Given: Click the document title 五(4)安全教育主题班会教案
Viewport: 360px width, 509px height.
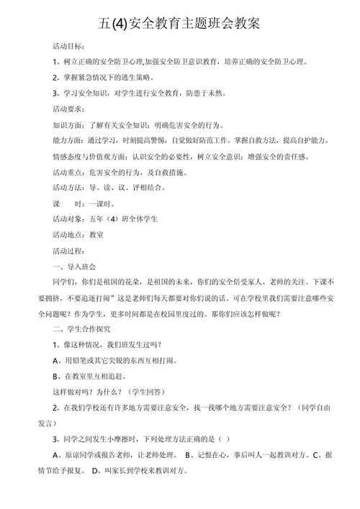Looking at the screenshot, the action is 181,24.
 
